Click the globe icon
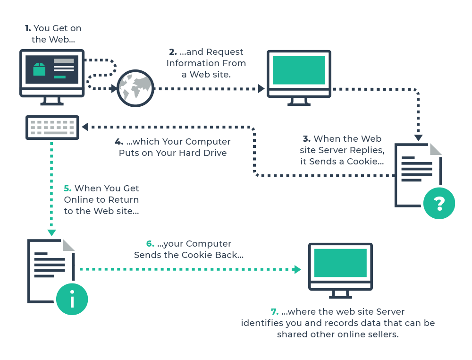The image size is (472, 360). tap(135, 88)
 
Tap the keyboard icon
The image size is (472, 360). tap(52, 128)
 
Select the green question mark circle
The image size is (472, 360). tap(439, 203)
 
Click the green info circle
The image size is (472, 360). tap(72, 299)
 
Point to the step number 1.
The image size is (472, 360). tap(27, 29)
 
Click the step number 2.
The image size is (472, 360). tap(173, 52)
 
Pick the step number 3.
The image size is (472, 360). tap(306, 139)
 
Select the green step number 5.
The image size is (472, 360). tap(67, 189)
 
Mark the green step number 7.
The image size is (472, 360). tap(274, 312)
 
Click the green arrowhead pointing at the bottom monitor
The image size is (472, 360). tap(297, 270)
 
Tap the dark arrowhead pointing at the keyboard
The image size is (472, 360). tap(85, 127)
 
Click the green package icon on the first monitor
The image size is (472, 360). tap(39, 69)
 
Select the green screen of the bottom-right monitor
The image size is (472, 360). tap(340, 263)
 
